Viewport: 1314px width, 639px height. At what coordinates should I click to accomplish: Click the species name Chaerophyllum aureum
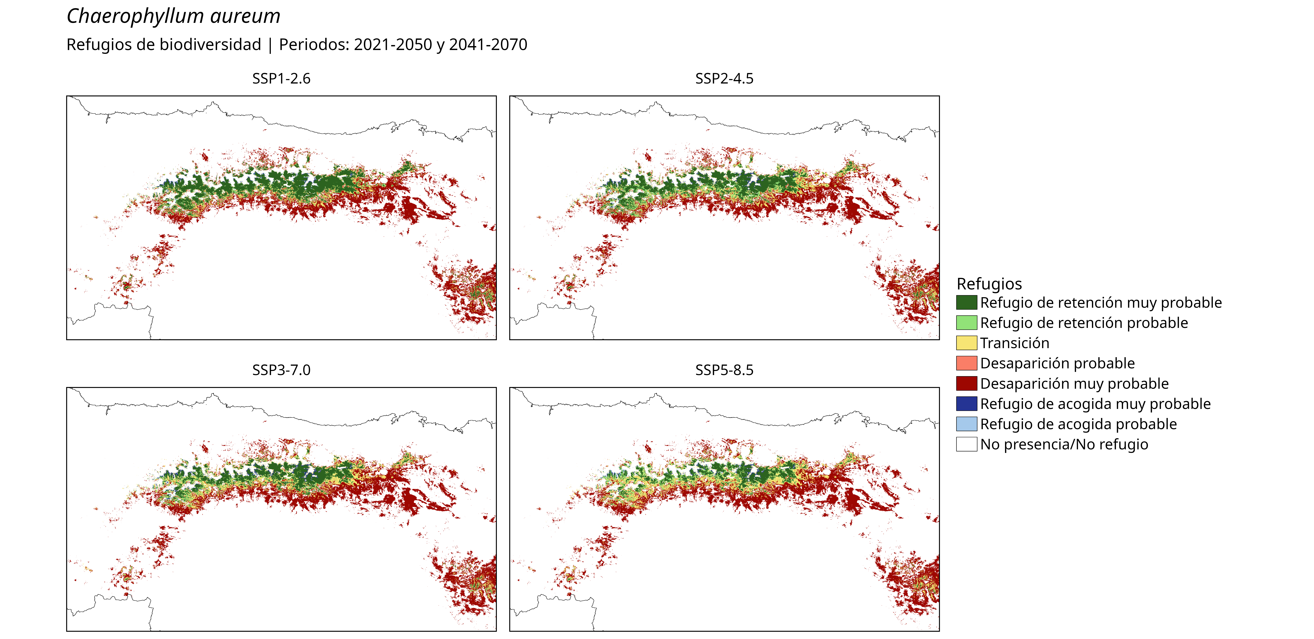(173, 16)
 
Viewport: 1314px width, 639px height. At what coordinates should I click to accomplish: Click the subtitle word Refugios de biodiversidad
(164, 45)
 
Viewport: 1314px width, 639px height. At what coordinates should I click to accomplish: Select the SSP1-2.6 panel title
(281, 79)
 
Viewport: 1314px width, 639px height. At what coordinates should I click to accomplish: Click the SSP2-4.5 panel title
(724, 79)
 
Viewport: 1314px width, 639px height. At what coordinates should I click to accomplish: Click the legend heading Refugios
(989, 284)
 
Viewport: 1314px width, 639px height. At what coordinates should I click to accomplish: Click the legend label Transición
(1015, 343)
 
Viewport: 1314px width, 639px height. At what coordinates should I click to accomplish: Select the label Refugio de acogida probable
(1078, 424)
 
